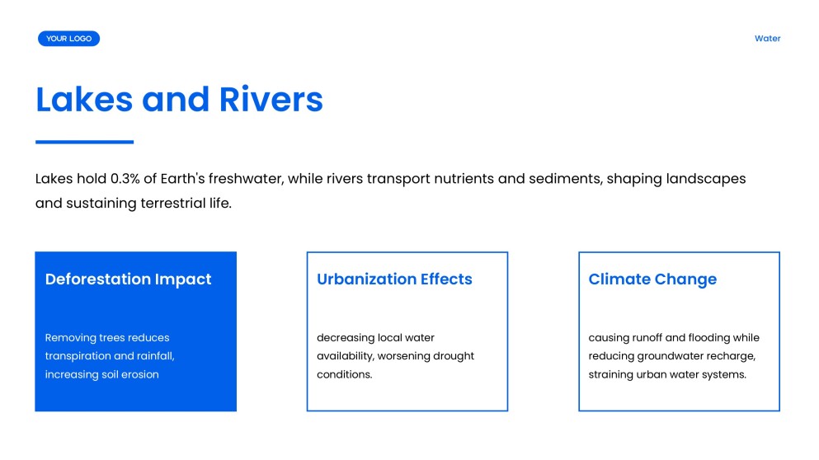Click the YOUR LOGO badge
(x=68, y=39)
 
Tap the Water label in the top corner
(x=767, y=39)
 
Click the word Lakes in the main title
(x=83, y=99)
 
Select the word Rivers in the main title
(x=271, y=99)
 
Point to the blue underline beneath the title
(x=84, y=142)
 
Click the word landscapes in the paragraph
(x=705, y=179)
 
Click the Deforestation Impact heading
(x=128, y=279)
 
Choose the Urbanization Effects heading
(x=394, y=279)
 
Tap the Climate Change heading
(x=652, y=279)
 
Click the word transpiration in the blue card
(x=78, y=356)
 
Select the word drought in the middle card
(x=455, y=356)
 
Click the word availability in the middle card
(x=345, y=356)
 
